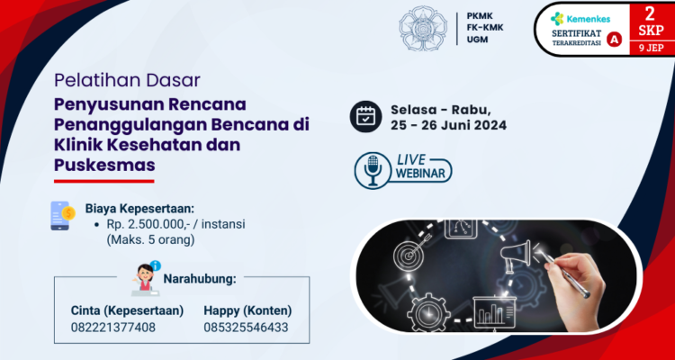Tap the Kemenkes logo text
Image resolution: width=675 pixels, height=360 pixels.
coord(582,17)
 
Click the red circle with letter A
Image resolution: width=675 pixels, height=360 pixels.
coord(615,40)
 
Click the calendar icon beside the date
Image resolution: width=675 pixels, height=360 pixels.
coord(366,116)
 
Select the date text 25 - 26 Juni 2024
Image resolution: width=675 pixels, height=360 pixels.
coord(448,125)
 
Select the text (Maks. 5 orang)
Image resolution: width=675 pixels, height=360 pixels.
coord(150,240)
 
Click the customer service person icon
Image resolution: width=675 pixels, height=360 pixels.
coord(143,276)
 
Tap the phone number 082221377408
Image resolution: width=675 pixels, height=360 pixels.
coord(112,327)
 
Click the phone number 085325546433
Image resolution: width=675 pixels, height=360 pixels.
coord(246,327)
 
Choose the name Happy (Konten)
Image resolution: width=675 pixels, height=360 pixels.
coord(247,310)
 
